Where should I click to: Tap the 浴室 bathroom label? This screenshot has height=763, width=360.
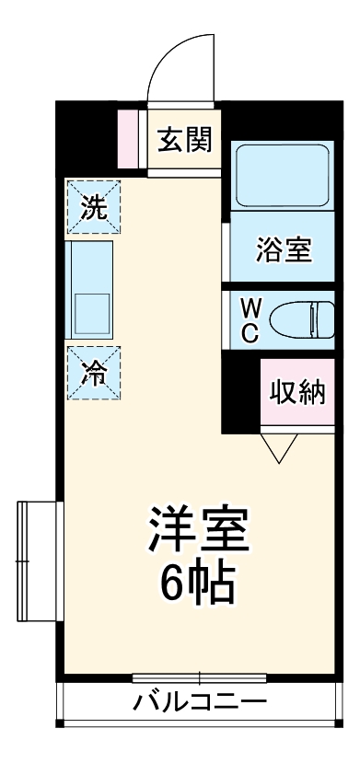click(283, 249)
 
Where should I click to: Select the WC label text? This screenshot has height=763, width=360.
click(250, 319)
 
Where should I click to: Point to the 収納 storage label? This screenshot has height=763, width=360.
click(297, 392)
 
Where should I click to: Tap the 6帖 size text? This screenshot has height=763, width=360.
click(196, 582)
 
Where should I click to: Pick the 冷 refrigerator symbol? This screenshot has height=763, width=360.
click(93, 374)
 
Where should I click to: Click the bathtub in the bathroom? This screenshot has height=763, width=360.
click(283, 175)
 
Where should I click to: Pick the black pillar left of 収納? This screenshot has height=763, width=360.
click(240, 396)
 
